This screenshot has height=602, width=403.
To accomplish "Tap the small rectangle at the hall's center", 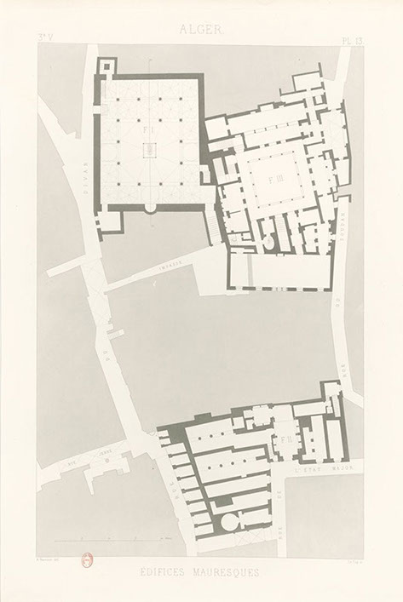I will [152, 149].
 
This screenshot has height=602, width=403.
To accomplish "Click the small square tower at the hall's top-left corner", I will [106, 66].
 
